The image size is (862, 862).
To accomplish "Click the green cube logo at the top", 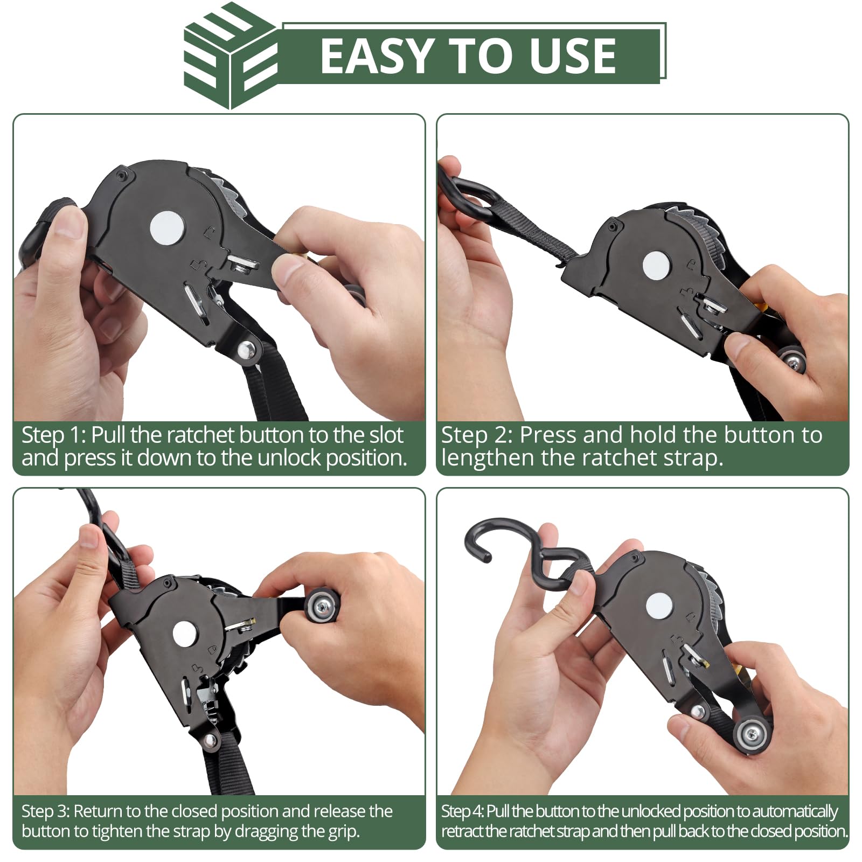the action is (x=231, y=56).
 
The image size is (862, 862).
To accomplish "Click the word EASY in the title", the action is (x=377, y=56).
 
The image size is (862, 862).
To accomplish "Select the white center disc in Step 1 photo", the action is (x=168, y=228).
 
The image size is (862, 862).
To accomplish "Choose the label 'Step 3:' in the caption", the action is (x=45, y=811).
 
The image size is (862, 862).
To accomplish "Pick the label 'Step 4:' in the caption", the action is (x=462, y=811).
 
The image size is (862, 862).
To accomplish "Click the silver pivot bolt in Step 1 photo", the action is (x=248, y=351).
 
